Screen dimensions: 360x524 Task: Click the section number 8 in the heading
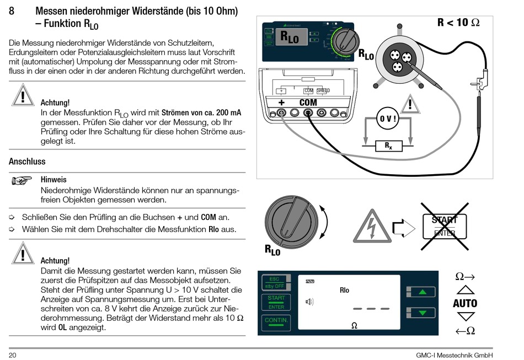pyautogui.click(x=13, y=12)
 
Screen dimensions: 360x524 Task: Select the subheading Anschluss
pyautogui.click(x=27, y=162)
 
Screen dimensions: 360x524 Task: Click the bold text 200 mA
pyautogui.click(x=225, y=112)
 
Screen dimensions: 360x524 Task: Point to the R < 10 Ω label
pyautogui.click(x=458, y=23)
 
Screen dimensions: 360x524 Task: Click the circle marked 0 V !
pyautogui.click(x=387, y=119)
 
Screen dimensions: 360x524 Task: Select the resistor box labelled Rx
pyautogui.click(x=388, y=146)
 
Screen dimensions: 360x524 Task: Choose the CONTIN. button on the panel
pyautogui.click(x=276, y=320)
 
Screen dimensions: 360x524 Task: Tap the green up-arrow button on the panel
pyautogui.click(x=422, y=292)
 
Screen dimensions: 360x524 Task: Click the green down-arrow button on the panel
pyautogui.click(x=422, y=313)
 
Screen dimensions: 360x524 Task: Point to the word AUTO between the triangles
pyautogui.click(x=465, y=303)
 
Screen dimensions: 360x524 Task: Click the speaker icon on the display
pyautogui.click(x=309, y=301)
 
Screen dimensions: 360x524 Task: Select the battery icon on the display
pyautogui.click(x=309, y=281)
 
